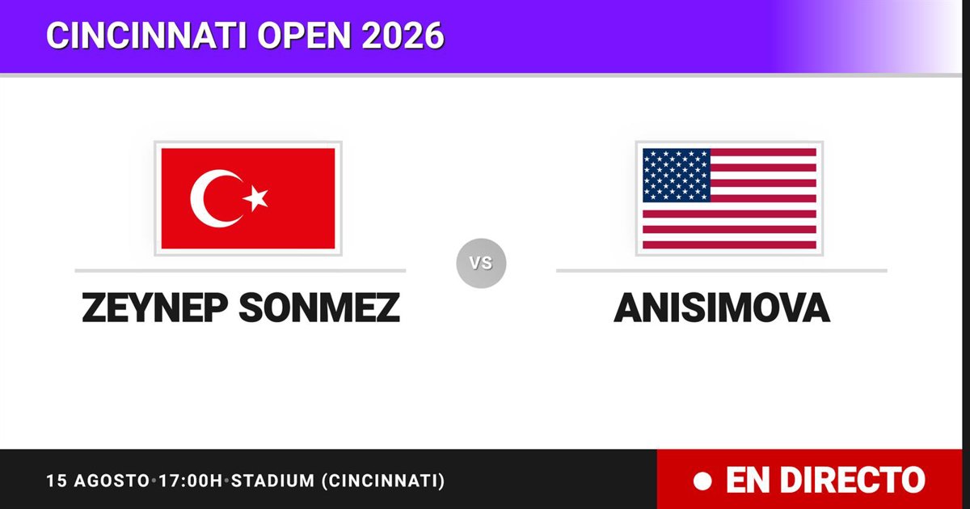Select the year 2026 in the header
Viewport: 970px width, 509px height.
(403, 35)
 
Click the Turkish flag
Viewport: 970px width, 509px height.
(248, 198)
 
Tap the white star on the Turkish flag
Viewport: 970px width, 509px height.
(255, 198)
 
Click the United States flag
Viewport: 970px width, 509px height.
(729, 198)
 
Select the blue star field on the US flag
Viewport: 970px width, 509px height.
(677, 175)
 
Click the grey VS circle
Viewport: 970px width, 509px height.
(481, 263)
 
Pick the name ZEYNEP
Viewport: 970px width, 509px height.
(155, 308)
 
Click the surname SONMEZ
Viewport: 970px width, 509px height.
(319, 308)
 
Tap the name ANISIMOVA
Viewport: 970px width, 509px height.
(722, 308)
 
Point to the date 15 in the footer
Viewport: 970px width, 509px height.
(57, 481)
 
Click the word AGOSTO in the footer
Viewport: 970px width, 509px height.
(112, 481)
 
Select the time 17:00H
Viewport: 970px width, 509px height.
(191, 481)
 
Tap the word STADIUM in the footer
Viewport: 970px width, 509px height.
(273, 481)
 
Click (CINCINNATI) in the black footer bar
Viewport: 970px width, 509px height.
(383, 481)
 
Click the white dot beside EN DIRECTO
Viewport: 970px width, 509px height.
(702, 481)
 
